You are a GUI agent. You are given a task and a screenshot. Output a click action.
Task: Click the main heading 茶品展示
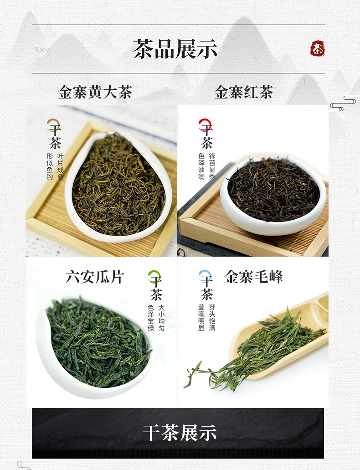click(x=175, y=49)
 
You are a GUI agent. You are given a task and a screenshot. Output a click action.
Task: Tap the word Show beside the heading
click(x=42, y=49)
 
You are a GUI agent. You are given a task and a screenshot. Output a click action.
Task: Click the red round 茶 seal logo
click(x=318, y=49)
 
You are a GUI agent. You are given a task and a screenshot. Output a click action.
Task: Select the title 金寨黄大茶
click(x=95, y=92)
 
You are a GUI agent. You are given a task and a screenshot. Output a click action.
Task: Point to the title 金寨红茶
click(x=243, y=92)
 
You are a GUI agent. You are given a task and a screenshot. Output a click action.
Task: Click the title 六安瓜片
click(x=95, y=277)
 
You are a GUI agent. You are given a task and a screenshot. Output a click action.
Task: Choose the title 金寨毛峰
click(x=253, y=277)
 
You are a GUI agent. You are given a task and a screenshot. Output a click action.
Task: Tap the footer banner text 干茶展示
click(x=179, y=433)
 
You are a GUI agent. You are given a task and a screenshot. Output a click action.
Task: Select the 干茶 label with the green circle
click(x=155, y=285)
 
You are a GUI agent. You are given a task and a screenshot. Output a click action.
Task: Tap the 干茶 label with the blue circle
click(x=206, y=285)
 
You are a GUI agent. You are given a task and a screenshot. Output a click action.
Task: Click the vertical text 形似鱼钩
click(x=50, y=166)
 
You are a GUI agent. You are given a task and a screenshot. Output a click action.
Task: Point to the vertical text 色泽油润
click(x=201, y=166)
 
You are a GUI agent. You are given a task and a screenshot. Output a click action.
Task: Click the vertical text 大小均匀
click(x=161, y=318)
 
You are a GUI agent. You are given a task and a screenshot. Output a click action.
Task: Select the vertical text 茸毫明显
click(x=201, y=318)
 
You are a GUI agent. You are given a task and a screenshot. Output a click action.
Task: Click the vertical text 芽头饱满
click(x=212, y=318)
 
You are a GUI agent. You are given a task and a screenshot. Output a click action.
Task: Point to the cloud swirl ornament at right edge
click(x=345, y=103)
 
